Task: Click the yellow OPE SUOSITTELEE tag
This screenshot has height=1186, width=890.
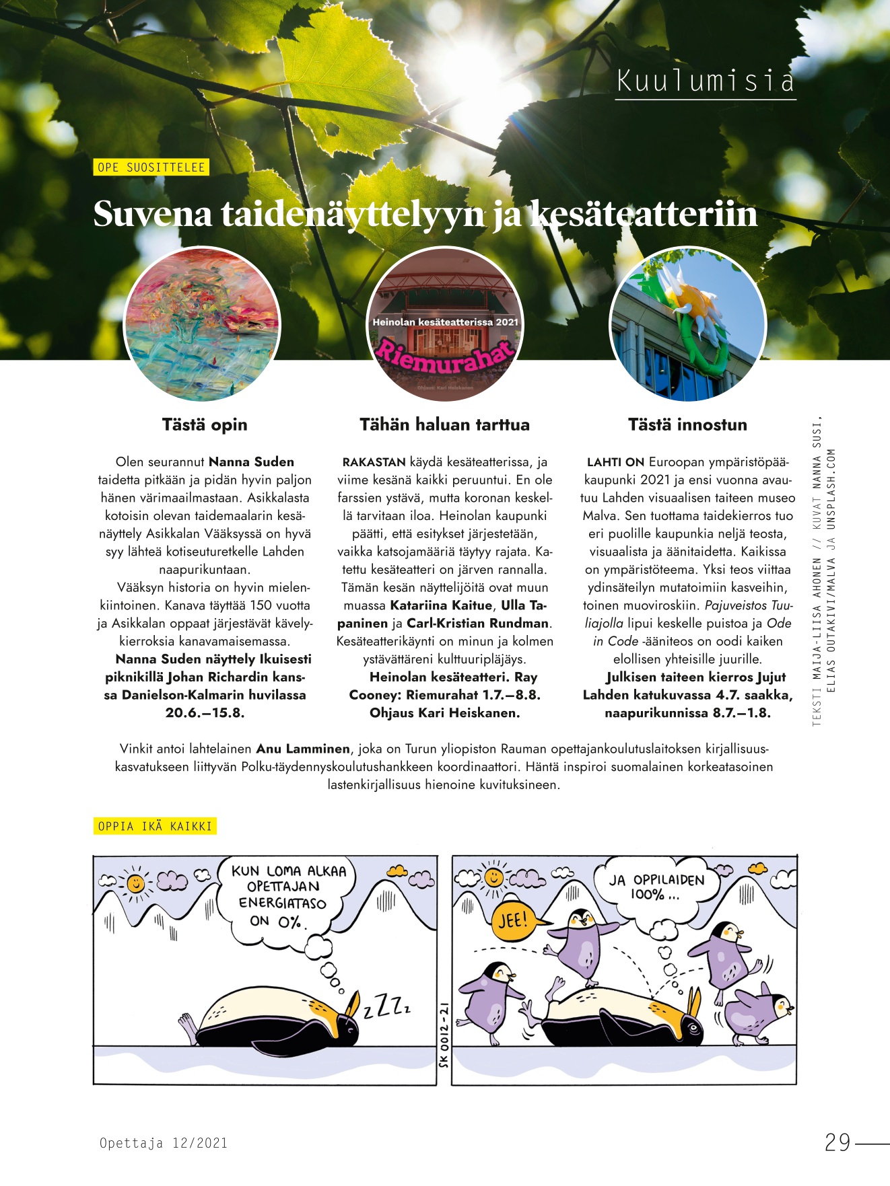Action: (x=151, y=168)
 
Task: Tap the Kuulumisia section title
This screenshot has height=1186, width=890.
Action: (x=706, y=81)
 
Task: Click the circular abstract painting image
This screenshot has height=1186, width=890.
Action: (x=203, y=325)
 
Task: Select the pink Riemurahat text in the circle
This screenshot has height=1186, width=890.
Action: (x=445, y=355)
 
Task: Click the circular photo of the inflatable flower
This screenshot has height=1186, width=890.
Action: (x=687, y=325)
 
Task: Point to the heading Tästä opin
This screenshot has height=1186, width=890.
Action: (x=205, y=424)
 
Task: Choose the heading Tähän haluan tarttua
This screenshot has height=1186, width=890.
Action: (x=444, y=424)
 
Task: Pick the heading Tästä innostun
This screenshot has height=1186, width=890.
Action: (x=687, y=424)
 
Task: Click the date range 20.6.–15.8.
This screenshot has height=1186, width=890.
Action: (x=205, y=713)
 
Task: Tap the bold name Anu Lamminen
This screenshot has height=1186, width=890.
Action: (x=303, y=749)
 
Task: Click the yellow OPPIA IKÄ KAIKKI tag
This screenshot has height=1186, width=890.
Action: (x=155, y=826)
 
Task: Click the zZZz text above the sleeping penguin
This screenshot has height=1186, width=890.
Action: (x=387, y=1006)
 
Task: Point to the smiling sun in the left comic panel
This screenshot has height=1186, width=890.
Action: (x=135, y=882)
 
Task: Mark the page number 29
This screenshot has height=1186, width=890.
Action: (x=838, y=1142)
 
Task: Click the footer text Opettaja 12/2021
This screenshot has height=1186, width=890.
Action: (x=164, y=1143)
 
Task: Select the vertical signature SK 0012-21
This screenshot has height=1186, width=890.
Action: (x=444, y=1033)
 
